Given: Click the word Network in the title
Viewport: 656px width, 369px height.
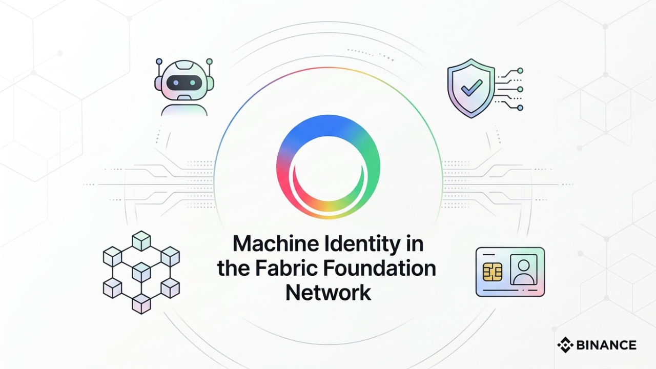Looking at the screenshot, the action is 328,293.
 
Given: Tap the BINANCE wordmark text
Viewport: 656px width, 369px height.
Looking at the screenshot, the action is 606,345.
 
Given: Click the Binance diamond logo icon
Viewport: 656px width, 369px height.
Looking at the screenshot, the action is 565,345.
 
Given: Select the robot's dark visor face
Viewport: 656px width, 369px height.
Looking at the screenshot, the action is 184,82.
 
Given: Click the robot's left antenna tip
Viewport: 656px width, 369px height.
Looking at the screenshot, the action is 159,62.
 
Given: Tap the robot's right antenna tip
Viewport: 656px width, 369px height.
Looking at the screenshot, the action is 209,62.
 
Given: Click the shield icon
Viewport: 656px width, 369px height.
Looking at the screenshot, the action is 470,88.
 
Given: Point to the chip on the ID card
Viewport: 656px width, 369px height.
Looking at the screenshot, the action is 493,272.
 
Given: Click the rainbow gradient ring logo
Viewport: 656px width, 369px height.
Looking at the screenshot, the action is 328,166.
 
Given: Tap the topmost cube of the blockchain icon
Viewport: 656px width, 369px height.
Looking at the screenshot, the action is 141,240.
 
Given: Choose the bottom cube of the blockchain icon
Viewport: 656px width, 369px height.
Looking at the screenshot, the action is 141,303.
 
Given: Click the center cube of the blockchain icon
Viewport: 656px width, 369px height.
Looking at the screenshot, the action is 141,272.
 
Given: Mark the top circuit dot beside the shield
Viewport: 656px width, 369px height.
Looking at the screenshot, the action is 520,70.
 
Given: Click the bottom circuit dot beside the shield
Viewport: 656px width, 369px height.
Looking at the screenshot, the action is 520,108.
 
